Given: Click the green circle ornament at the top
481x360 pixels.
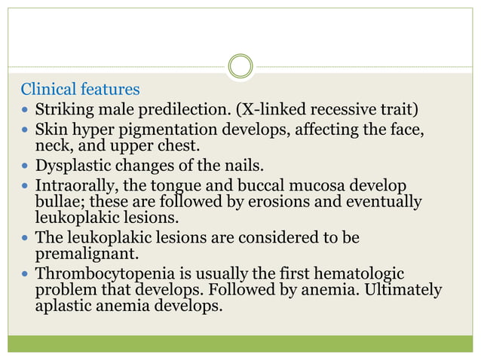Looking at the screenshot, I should [x=240, y=66].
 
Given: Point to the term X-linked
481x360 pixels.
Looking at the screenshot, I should [x=274, y=111].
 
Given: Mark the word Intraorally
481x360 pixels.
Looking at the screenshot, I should [x=75, y=185].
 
